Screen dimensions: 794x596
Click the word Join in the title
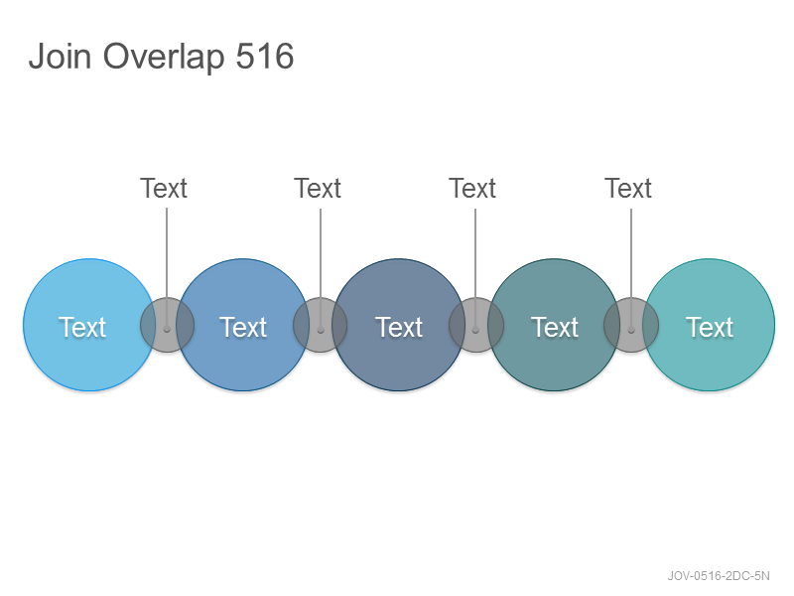(x=60, y=56)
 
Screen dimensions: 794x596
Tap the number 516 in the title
(x=265, y=56)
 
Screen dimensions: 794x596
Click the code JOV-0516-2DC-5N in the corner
(x=719, y=576)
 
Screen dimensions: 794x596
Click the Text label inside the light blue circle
(x=82, y=327)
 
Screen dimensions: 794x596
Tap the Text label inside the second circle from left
(x=243, y=327)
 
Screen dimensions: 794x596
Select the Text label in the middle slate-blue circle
(x=399, y=327)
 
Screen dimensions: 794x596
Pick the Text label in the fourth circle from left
(x=555, y=327)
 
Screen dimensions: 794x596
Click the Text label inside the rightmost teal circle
(x=710, y=327)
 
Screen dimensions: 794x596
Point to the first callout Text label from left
(x=164, y=189)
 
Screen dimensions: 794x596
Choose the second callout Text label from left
(x=318, y=189)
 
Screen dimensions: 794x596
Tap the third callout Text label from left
(x=472, y=189)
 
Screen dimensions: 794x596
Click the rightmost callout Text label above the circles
(x=628, y=189)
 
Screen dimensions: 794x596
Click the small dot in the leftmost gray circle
(x=167, y=330)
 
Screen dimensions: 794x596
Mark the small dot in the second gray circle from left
(x=321, y=330)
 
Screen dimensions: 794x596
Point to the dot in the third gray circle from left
(x=475, y=330)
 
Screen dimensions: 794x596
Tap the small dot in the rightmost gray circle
(x=631, y=330)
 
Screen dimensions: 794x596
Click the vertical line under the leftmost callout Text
(x=167, y=268)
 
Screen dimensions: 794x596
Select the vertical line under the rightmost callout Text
(x=631, y=269)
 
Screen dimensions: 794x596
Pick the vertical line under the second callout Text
(x=321, y=269)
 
